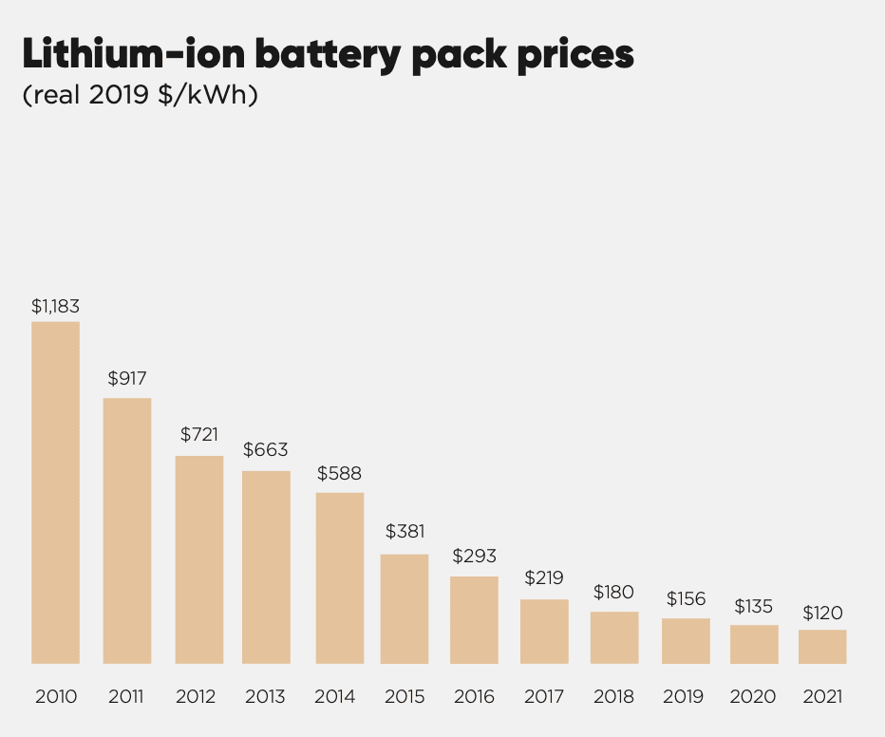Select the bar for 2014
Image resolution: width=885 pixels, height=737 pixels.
(x=339, y=577)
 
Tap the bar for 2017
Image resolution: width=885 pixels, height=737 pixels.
(x=544, y=631)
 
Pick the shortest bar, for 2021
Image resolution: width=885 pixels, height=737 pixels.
(x=821, y=646)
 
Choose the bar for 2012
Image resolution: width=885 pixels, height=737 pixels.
(x=199, y=559)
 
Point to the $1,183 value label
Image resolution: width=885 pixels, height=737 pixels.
(x=55, y=307)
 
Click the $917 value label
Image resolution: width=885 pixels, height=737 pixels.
(x=127, y=379)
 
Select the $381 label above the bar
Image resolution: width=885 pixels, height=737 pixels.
(x=405, y=532)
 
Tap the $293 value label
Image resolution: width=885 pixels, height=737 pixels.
(x=474, y=557)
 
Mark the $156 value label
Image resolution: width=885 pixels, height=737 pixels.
(x=686, y=598)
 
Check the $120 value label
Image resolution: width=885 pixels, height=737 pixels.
(x=821, y=613)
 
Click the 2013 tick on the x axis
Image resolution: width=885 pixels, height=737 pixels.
(x=265, y=697)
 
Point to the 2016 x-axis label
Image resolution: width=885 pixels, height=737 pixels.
(x=474, y=697)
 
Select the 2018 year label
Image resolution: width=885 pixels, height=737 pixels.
(x=614, y=697)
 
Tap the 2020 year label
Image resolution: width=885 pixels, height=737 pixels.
(x=753, y=697)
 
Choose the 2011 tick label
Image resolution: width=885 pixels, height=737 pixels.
(x=126, y=697)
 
